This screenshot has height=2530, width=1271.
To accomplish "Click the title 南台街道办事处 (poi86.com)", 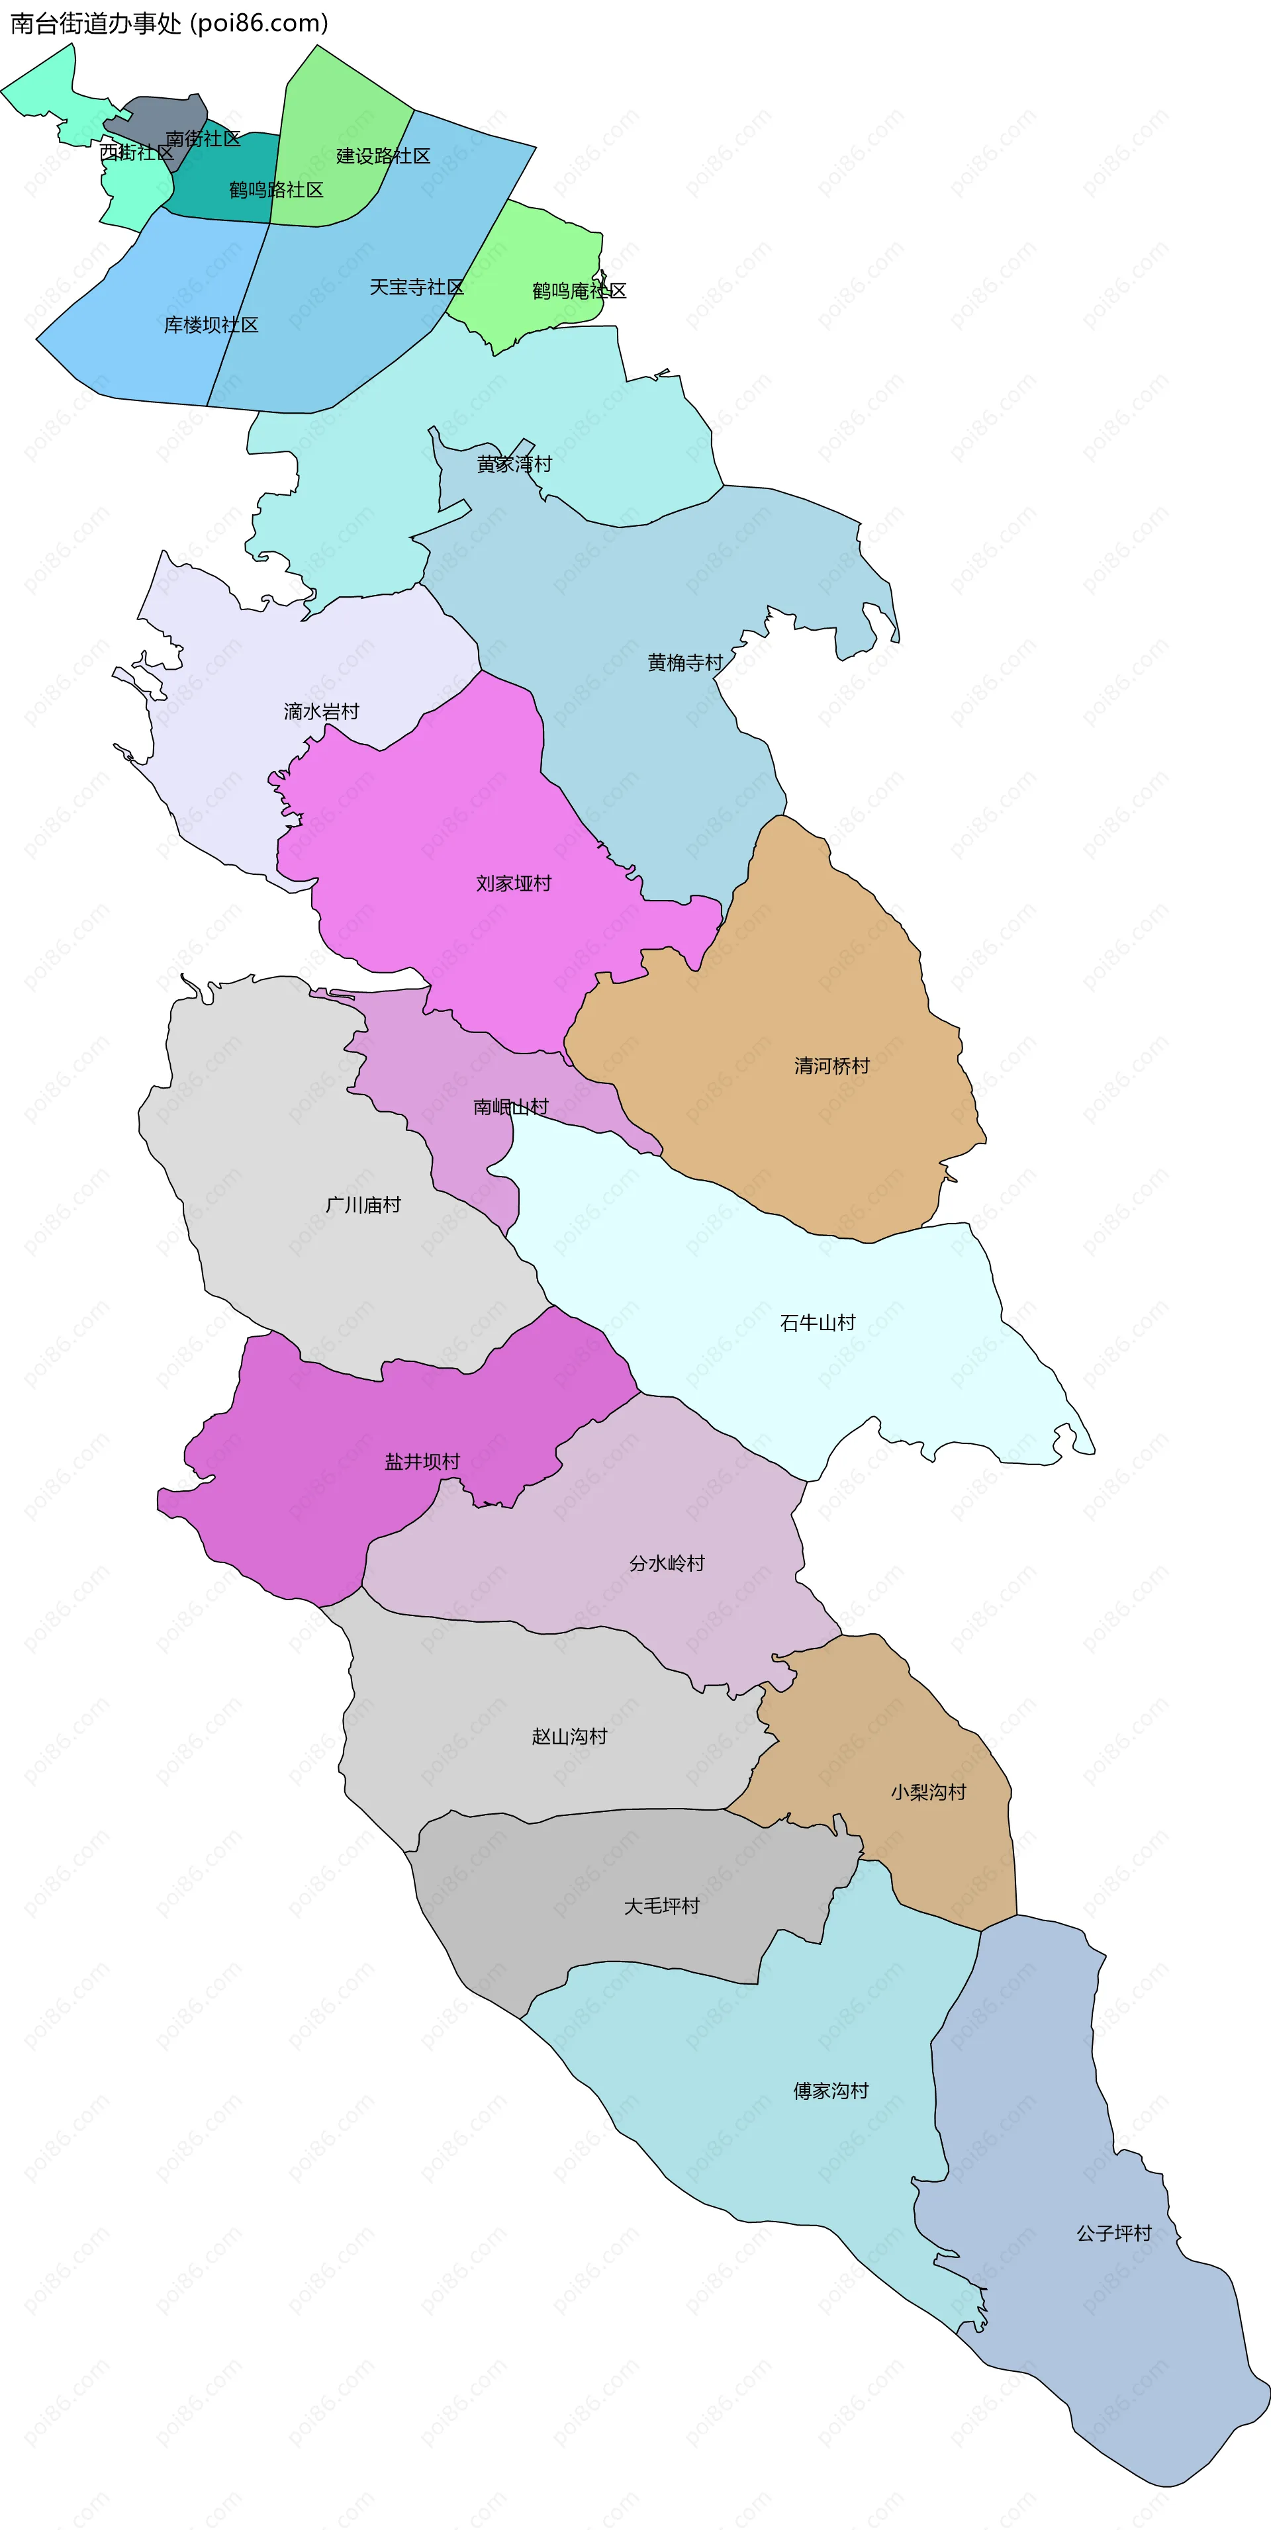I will (169, 24).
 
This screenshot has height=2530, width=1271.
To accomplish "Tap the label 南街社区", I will (203, 138).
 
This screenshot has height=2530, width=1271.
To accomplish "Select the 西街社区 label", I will (136, 152).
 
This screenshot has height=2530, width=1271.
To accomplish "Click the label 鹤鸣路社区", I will (276, 189).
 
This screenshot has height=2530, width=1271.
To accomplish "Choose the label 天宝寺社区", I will (416, 287).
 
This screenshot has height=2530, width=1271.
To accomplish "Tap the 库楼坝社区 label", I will (211, 325).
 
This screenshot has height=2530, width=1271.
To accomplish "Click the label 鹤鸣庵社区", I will (579, 291).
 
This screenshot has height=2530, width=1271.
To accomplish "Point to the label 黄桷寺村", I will (684, 663).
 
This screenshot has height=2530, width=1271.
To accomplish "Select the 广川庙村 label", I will (363, 1205).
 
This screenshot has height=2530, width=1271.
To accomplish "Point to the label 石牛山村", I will (817, 1323).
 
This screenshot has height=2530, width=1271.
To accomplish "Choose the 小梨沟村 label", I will (928, 1792).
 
